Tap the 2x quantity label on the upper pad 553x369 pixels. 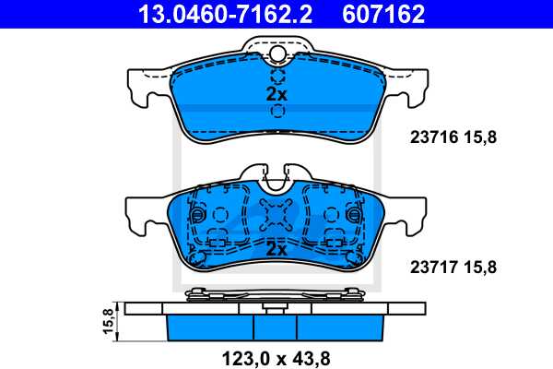point(276,94)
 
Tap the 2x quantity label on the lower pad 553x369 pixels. point(276,249)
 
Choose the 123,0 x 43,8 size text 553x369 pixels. point(276,355)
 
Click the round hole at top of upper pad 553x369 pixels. point(277,54)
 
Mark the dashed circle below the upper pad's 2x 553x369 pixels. point(277,113)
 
